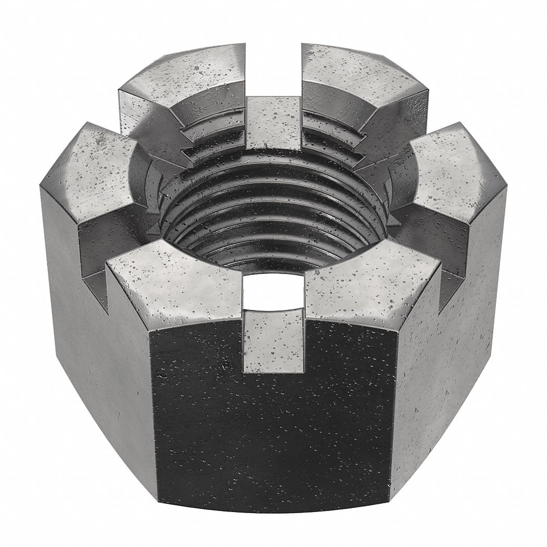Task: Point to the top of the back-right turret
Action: click(x=359, y=78)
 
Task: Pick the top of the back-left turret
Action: click(x=182, y=78)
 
